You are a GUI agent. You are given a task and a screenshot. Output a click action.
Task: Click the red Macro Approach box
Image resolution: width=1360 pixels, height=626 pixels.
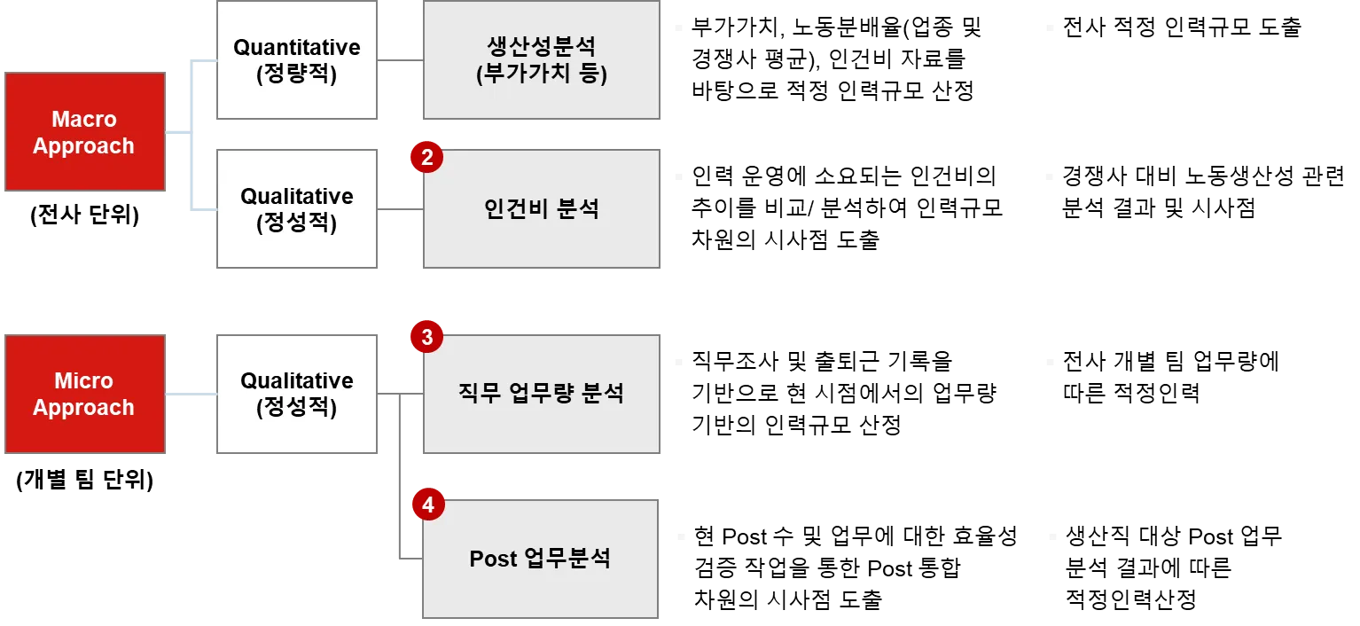coord(85,132)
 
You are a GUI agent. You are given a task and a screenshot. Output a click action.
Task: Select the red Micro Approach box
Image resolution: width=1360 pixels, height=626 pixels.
coord(85,394)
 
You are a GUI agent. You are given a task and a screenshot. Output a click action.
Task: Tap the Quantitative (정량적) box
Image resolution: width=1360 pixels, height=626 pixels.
coord(298,60)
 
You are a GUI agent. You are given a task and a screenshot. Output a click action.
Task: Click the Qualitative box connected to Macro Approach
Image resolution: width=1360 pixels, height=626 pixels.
coord(298,209)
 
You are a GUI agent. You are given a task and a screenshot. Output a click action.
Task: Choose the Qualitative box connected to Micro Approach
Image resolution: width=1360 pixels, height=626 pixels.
coord(298,394)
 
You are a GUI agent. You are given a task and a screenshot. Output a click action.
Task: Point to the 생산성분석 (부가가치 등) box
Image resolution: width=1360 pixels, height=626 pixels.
coord(543,60)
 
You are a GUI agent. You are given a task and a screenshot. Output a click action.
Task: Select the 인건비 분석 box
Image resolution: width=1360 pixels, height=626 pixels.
coord(543,209)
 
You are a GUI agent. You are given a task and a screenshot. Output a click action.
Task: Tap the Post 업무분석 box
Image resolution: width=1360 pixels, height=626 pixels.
coord(539,559)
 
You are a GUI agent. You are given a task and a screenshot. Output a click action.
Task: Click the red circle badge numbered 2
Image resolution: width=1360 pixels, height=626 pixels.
coord(426,158)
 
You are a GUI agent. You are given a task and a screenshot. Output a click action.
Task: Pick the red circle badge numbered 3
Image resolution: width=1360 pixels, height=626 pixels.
coord(426,337)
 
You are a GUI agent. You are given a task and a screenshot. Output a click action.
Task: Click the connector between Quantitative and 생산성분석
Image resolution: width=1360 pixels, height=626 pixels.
coord(402,60)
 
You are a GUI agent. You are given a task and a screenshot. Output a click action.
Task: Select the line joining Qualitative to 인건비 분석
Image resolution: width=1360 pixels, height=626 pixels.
coord(402,210)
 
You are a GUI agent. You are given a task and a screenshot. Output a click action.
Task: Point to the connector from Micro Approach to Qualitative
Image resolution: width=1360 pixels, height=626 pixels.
coord(191,394)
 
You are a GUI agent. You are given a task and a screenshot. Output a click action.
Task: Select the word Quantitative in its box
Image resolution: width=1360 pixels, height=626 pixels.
coord(297,48)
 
